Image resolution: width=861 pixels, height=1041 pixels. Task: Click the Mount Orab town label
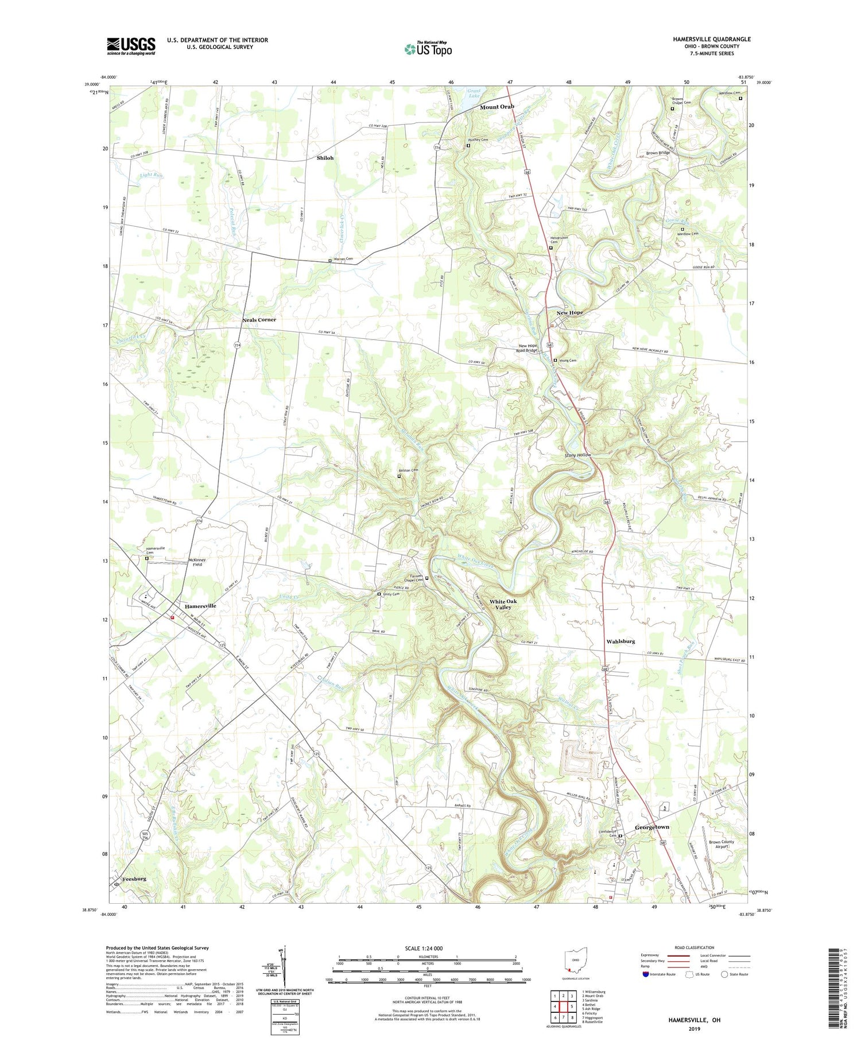(497, 107)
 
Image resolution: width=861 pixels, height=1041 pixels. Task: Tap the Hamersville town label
(200, 606)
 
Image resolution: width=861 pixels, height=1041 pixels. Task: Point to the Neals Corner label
(259, 320)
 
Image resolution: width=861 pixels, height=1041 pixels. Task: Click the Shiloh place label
(325, 158)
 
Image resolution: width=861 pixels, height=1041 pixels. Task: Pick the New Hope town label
(569, 312)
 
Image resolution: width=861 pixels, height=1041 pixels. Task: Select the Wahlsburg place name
(620, 641)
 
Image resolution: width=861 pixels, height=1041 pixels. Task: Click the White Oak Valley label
(503, 604)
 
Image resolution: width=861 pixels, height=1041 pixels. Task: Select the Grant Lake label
(474, 93)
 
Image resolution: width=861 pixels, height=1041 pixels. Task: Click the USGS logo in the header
(131, 46)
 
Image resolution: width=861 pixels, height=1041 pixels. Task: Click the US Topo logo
(428, 49)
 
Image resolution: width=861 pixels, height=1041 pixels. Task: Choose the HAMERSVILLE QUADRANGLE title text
(704, 39)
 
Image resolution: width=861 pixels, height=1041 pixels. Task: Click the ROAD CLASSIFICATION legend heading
(695, 947)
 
